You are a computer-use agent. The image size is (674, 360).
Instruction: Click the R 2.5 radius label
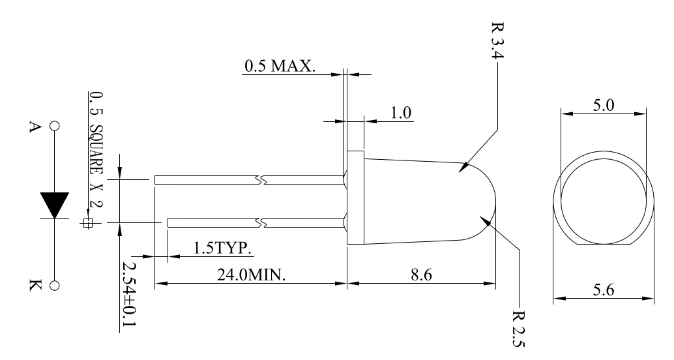[x=519, y=328]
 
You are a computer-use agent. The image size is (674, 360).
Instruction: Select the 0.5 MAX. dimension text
[x=280, y=66]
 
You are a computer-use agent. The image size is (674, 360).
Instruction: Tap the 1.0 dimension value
[x=401, y=113]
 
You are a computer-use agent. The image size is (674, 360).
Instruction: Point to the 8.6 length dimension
[x=421, y=275]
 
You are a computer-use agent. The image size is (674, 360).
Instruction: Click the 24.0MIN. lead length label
[x=251, y=275]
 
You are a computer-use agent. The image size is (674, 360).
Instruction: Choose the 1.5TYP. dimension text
[x=223, y=248]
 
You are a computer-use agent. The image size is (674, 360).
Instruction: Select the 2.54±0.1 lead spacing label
[x=128, y=295]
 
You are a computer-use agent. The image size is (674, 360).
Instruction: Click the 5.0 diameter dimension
[x=604, y=106]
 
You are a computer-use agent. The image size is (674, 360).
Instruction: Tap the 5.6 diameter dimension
[x=604, y=290]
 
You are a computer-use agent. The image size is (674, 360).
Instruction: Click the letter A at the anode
[x=35, y=127]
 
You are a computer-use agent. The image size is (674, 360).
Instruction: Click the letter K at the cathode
[x=35, y=285]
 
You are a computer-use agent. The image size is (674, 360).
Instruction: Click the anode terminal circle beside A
[x=55, y=126]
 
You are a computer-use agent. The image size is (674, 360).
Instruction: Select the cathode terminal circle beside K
[x=55, y=286]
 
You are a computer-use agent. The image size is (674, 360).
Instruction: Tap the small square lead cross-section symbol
[x=88, y=223]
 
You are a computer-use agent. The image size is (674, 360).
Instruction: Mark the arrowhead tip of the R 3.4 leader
[x=459, y=172]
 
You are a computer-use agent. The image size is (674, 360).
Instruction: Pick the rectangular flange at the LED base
[x=355, y=198]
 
